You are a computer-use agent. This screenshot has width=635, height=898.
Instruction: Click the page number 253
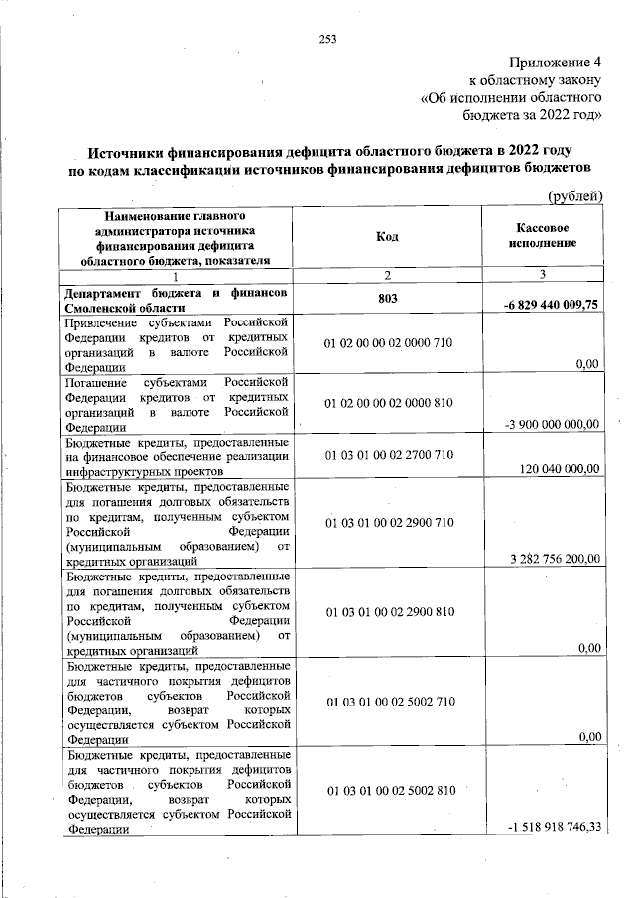point(328,39)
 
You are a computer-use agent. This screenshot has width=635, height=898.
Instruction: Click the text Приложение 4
point(555,62)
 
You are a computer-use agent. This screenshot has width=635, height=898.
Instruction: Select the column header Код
point(388,237)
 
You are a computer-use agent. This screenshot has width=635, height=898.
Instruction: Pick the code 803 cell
point(388,299)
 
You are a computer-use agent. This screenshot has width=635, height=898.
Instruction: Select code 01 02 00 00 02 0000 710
point(388,343)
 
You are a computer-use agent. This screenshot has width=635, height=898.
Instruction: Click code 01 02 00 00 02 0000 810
point(388,404)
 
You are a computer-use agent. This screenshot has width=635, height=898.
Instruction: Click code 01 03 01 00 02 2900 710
point(388,522)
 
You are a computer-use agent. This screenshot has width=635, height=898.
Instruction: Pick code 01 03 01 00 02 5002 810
point(388,791)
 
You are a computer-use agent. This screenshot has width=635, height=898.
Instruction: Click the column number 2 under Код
point(388,274)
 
